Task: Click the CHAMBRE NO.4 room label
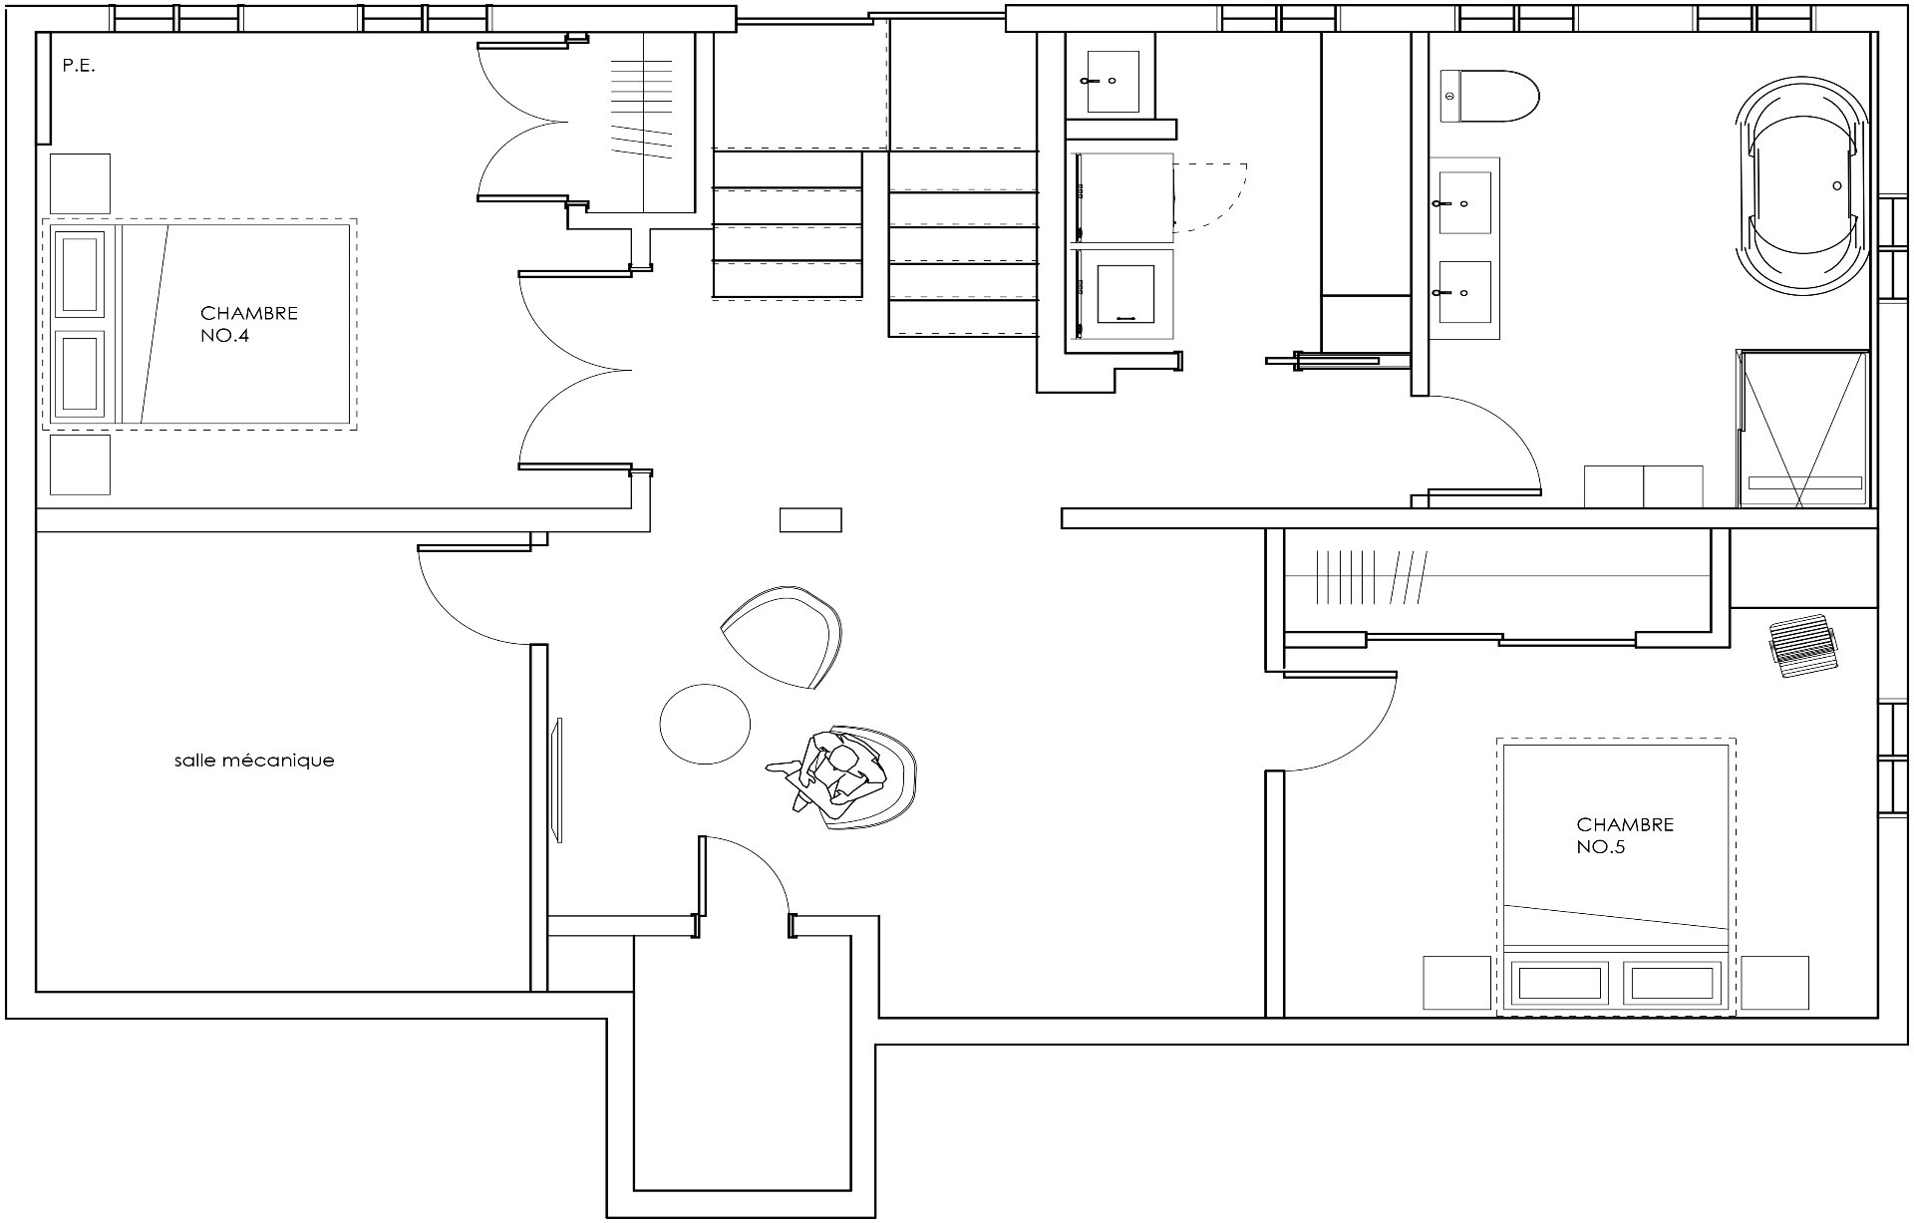(x=249, y=324)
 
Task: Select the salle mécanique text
(x=254, y=761)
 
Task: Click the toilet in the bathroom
(x=1489, y=97)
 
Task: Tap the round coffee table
(x=705, y=725)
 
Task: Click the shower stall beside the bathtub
(x=1802, y=429)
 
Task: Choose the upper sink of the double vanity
(x=1463, y=202)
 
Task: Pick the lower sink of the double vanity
(x=1463, y=293)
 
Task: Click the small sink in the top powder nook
(x=1111, y=81)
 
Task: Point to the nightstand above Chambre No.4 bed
(x=80, y=183)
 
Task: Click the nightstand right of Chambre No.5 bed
(x=1774, y=983)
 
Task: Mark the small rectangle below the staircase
(x=810, y=519)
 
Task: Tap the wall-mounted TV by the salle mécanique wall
(x=558, y=779)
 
